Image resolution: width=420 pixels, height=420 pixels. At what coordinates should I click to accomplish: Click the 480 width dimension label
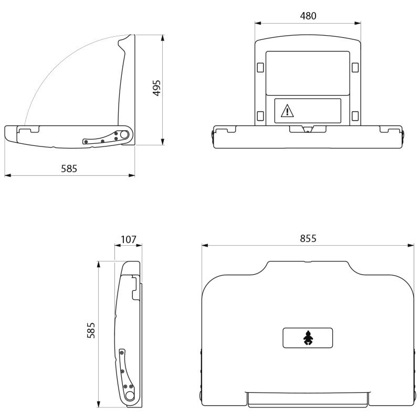tap(308, 16)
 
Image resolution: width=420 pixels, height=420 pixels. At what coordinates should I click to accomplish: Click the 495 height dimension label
tap(156, 88)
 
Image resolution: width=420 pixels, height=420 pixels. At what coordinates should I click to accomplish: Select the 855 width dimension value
tap(308, 238)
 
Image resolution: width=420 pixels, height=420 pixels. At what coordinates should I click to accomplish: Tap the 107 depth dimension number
tap(129, 239)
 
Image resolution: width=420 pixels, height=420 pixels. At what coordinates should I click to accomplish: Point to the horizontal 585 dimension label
tap(69, 169)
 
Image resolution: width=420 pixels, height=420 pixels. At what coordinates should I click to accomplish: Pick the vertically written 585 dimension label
tap(91, 330)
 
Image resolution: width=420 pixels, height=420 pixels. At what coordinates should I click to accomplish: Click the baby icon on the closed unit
tap(308, 338)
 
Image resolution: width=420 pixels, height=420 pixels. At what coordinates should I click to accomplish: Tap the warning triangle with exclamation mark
tap(287, 111)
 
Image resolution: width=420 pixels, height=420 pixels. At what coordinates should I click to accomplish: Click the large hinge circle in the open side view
tap(124, 134)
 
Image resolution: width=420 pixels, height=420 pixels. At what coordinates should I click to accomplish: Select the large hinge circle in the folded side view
tap(130, 396)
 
